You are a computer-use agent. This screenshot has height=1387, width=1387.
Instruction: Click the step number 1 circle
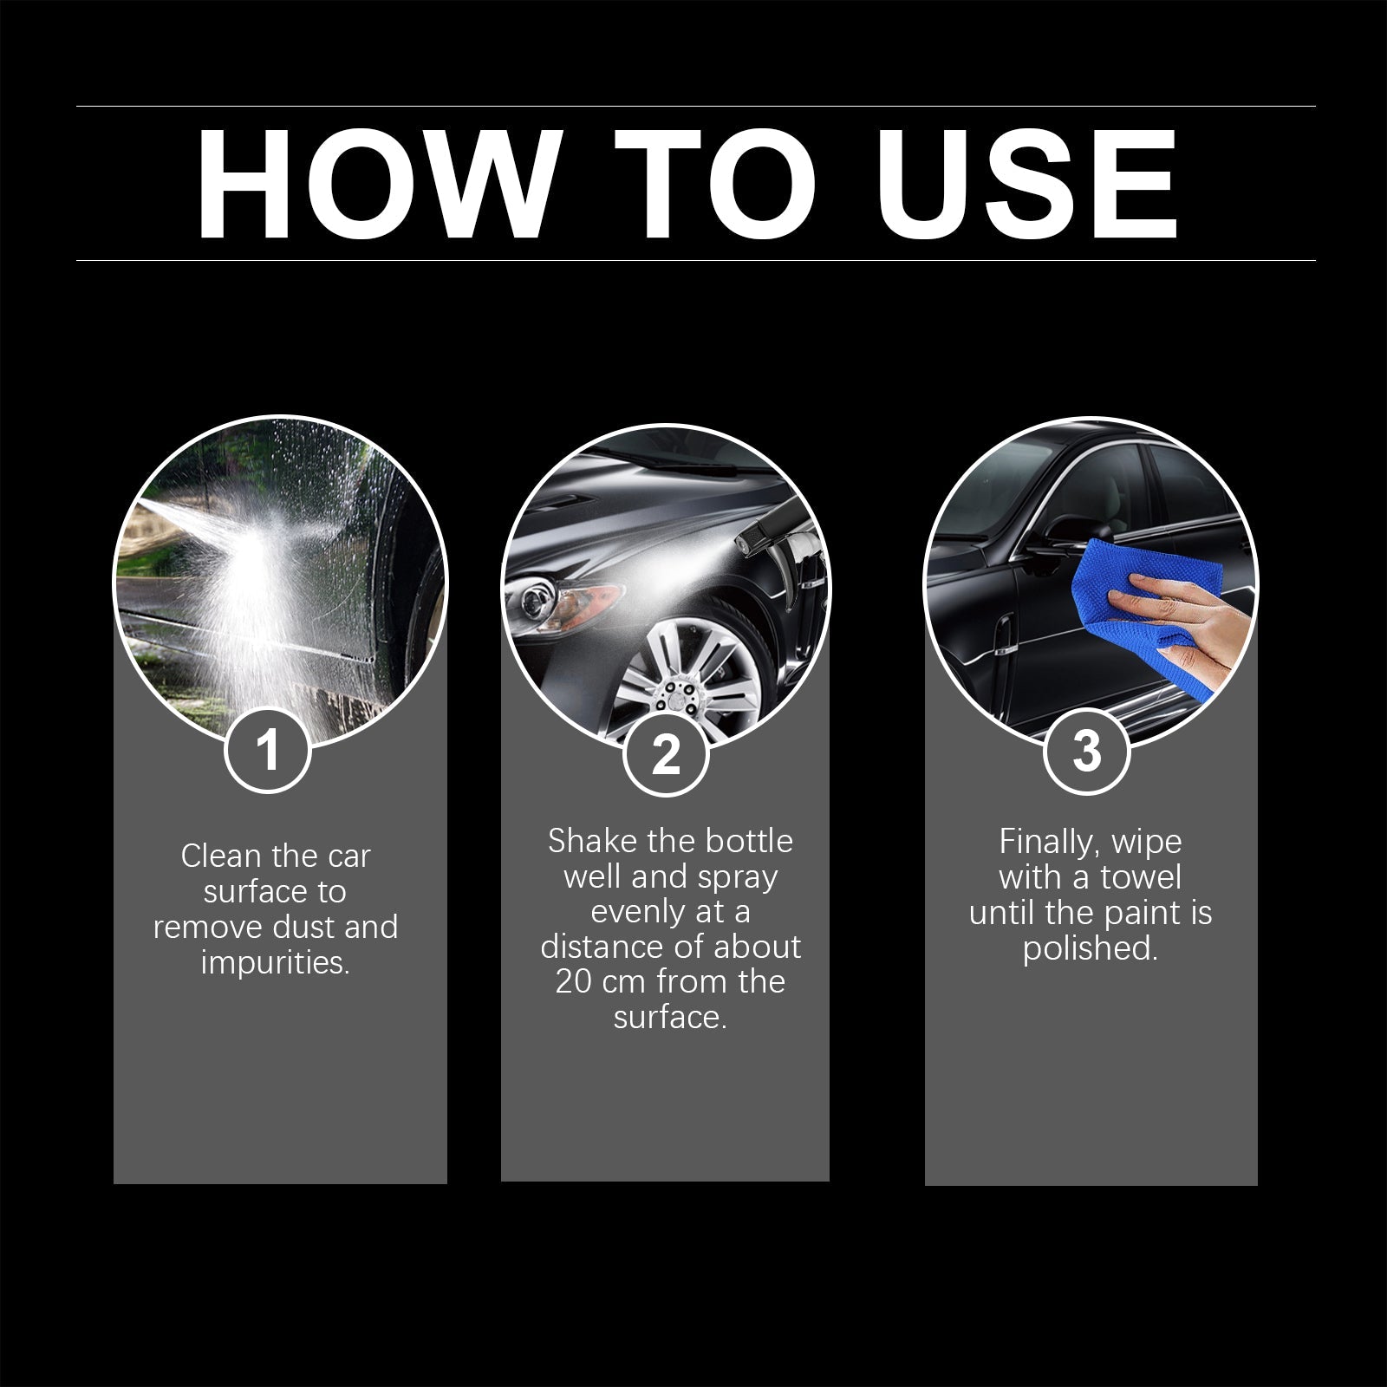[x=268, y=750]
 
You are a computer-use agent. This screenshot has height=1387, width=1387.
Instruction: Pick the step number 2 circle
[x=666, y=753]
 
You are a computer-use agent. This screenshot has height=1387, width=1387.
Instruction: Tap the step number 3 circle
[x=1086, y=751]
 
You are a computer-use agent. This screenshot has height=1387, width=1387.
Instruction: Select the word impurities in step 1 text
[x=275, y=963]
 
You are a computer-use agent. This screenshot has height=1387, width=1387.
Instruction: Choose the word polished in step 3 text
[x=1089, y=948]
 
